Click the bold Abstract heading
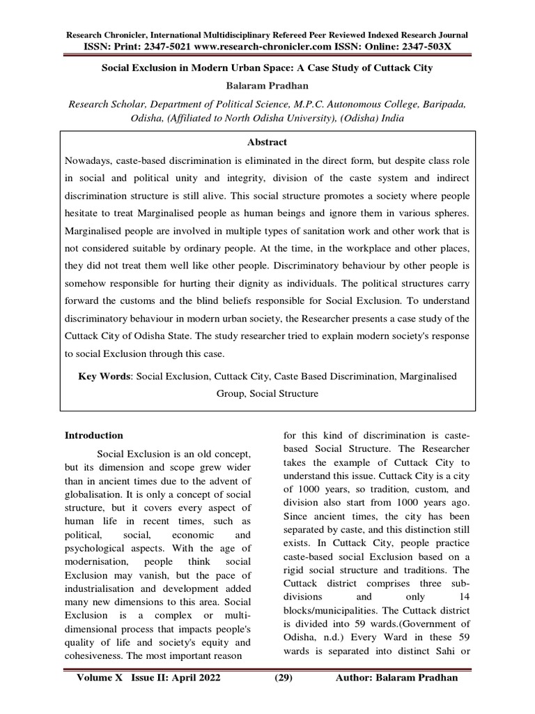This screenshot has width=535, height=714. [267, 142]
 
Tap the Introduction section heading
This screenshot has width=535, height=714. [94, 435]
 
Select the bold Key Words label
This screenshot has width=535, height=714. [105, 376]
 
